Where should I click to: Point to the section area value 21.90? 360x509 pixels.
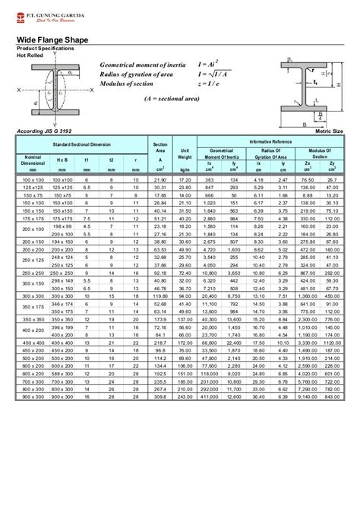159,179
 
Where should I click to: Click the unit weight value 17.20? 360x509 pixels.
184,179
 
